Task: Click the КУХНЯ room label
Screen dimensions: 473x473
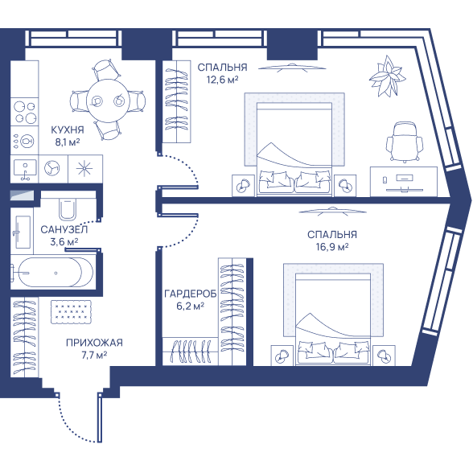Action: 68,130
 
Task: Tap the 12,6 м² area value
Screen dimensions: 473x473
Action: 222,80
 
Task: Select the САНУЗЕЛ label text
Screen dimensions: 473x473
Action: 64,229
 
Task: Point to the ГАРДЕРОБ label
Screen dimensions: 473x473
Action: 191,294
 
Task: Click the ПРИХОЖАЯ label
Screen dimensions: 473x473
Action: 94,343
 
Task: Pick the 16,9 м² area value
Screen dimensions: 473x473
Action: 332,247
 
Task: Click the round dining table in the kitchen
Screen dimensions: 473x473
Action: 108,101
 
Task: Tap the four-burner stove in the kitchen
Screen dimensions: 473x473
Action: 25,111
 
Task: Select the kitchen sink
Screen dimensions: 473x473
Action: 25,169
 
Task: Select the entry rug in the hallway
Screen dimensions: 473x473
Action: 71,312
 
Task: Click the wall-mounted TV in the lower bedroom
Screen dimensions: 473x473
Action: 332,211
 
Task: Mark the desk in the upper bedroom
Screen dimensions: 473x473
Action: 404,182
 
